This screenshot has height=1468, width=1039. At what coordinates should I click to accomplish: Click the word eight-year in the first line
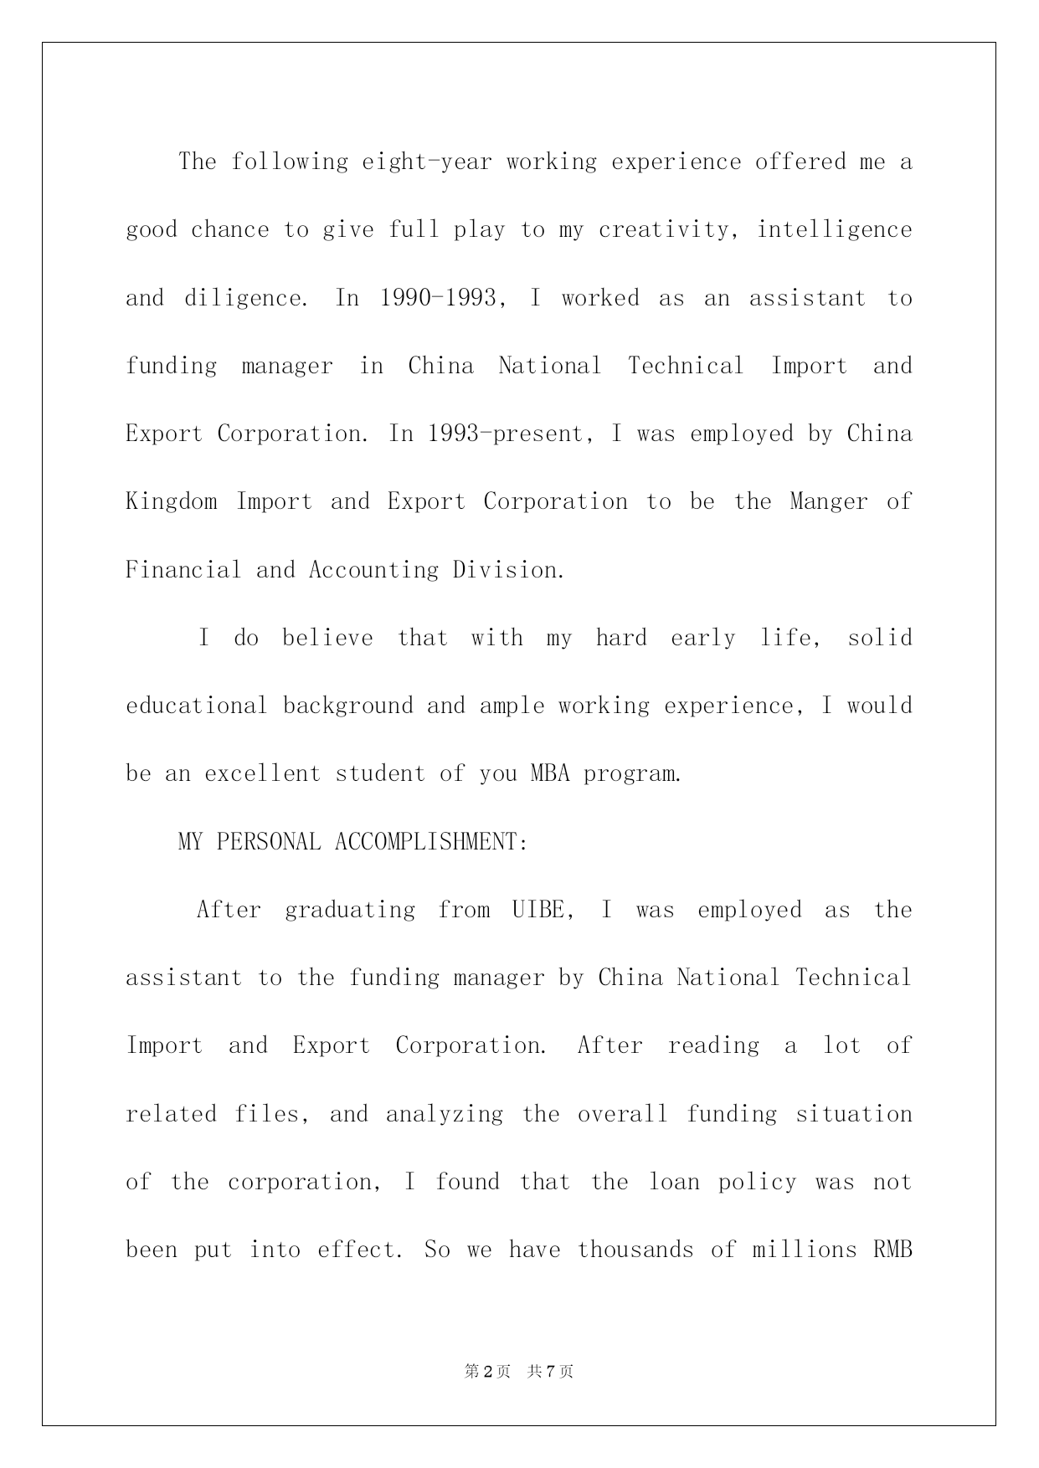tap(427, 162)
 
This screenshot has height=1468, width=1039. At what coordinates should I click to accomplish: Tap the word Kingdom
tap(172, 501)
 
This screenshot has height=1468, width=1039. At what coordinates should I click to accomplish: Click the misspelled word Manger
tap(829, 501)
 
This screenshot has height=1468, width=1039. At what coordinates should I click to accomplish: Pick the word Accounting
tap(373, 570)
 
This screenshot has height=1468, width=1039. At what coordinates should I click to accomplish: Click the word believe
tap(327, 638)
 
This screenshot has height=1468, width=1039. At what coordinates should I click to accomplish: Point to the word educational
tap(197, 706)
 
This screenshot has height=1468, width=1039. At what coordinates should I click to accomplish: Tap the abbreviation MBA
tap(550, 773)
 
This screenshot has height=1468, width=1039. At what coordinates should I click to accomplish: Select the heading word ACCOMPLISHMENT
tap(431, 842)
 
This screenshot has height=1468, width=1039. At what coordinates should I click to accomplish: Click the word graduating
tap(350, 910)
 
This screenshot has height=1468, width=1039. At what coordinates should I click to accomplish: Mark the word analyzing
tap(445, 1114)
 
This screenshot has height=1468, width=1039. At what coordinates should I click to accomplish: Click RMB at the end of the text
tap(892, 1250)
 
